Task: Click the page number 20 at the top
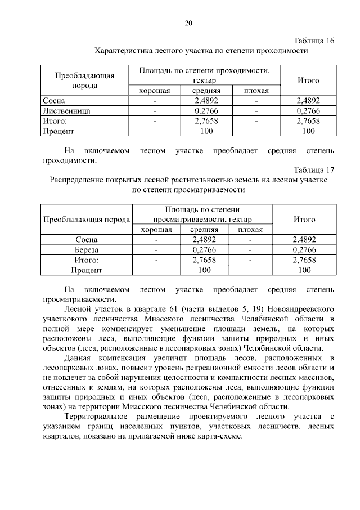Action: click(188, 23)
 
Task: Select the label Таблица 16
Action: click(314, 41)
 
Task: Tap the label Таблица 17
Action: click(314, 170)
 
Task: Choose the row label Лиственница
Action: click(67, 111)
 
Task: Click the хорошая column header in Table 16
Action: click(154, 91)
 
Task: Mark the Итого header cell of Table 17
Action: click(304, 220)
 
